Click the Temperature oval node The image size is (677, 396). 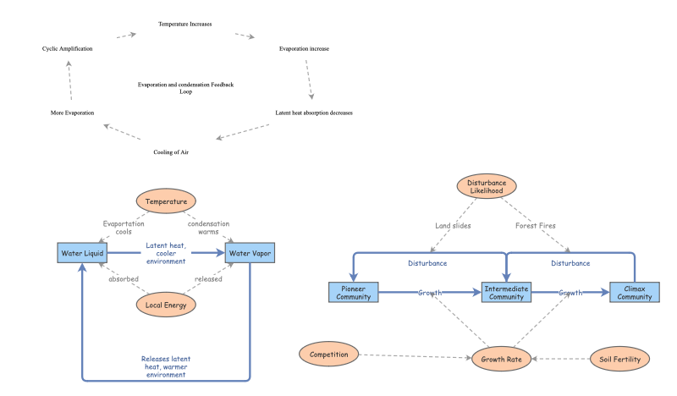pyautogui.click(x=166, y=202)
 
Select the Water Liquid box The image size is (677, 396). pyautogui.click(x=81, y=252)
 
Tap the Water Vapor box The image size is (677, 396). pyautogui.click(x=250, y=252)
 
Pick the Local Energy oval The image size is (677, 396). pyautogui.click(x=166, y=303)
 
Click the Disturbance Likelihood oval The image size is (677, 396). pyautogui.click(x=486, y=185)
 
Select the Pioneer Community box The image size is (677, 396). pyautogui.click(x=353, y=293)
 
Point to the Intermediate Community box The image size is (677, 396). pyautogui.click(x=506, y=293)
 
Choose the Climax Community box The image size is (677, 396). pyautogui.click(x=634, y=293)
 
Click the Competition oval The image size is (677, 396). pyautogui.click(x=329, y=354)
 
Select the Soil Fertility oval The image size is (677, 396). pyautogui.click(x=619, y=359)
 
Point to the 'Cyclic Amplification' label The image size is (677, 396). pyautogui.click(x=67, y=49)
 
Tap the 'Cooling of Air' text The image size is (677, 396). pyautogui.click(x=172, y=152)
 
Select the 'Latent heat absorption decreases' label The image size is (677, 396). pyautogui.click(x=314, y=113)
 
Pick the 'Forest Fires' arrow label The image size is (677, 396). pyautogui.click(x=536, y=226)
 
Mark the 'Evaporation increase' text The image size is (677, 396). pyautogui.click(x=304, y=49)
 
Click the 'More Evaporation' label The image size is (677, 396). pyautogui.click(x=72, y=113)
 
